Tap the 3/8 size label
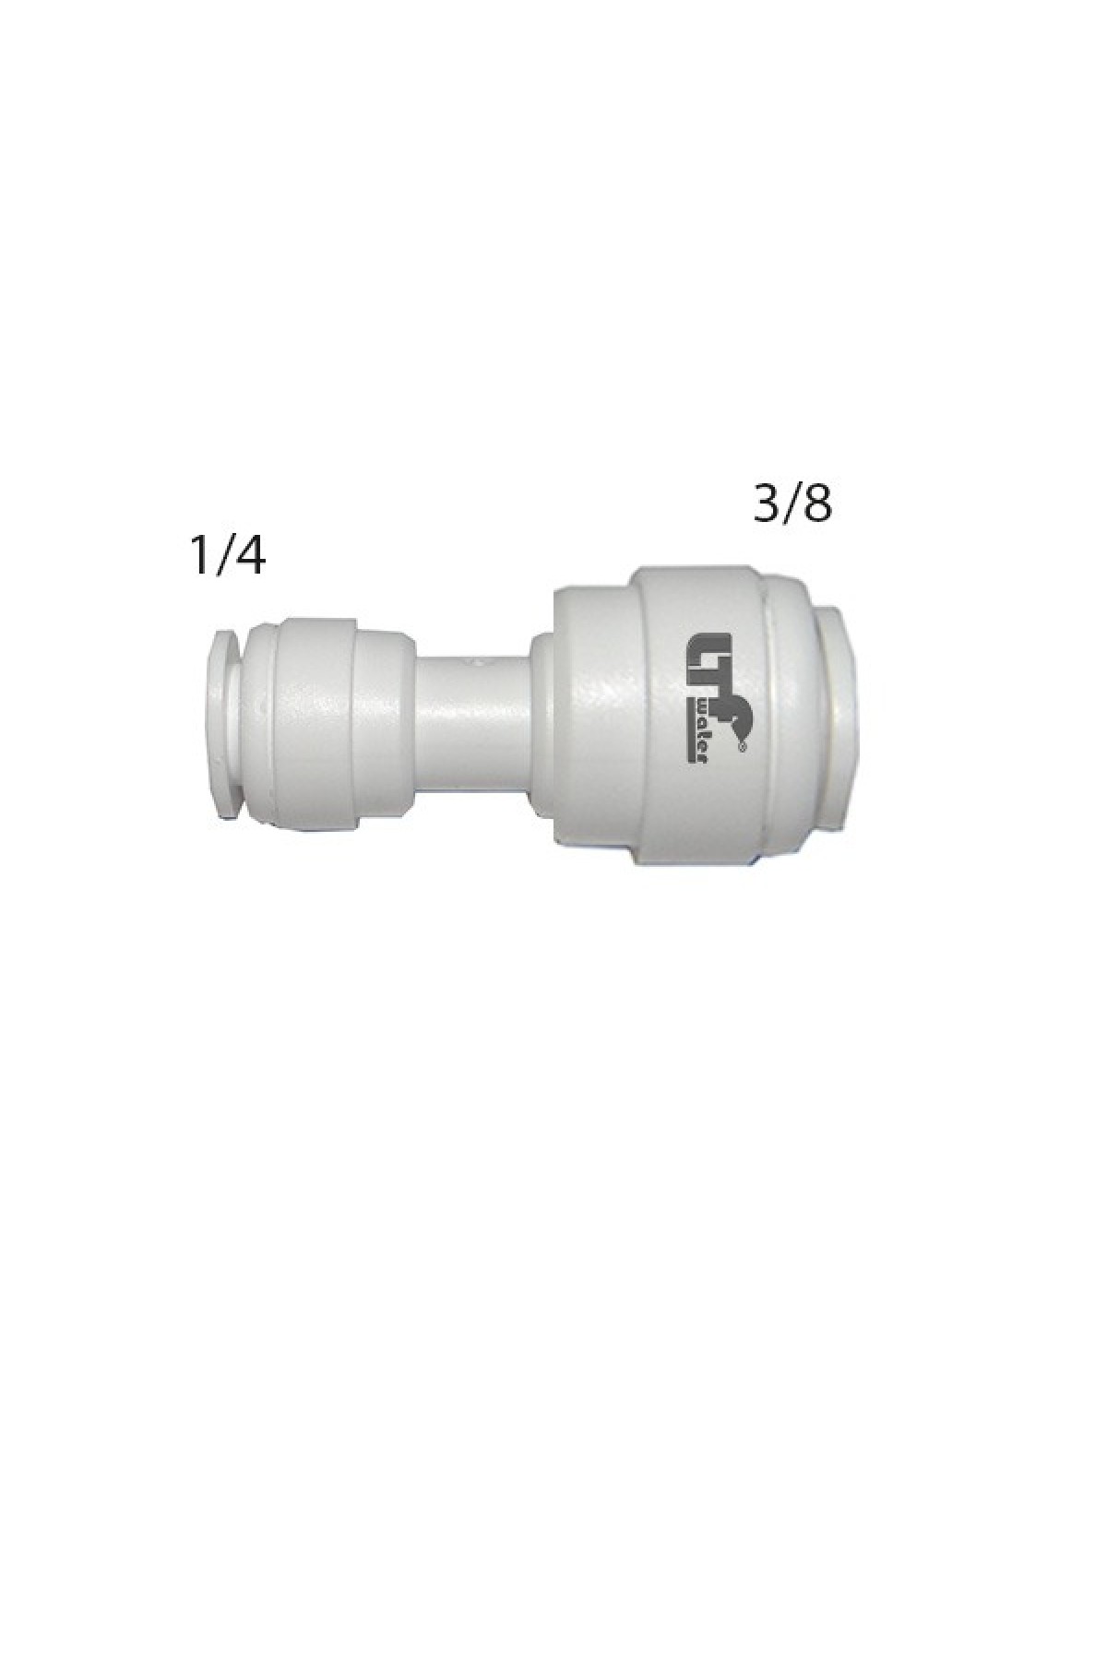pos(792,504)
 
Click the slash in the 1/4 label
pos(224,557)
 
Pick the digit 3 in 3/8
pos(767,504)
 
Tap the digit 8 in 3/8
pos(817,504)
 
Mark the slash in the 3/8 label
pos(792,505)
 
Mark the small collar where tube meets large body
pos(542,719)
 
